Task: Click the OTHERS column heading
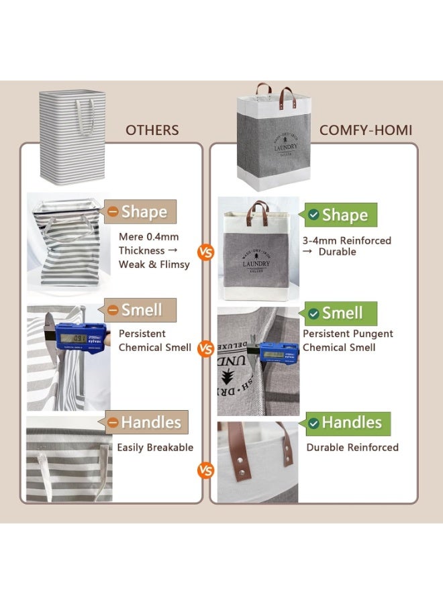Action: pyautogui.click(x=152, y=130)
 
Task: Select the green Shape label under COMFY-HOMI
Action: pyautogui.click(x=341, y=215)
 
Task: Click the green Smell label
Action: pyautogui.click(x=341, y=313)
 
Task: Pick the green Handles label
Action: pyautogui.click(x=347, y=423)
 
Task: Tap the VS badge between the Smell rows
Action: pyautogui.click(x=206, y=349)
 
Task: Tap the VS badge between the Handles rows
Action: pyautogui.click(x=205, y=470)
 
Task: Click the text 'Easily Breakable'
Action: pyautogui.click(x=155, y=448)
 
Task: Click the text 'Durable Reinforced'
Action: pyautogui.click(x=352, y=448)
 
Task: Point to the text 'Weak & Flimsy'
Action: pyautogui.click(x=154, y=264)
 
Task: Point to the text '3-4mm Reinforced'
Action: pyautogui.click(x=347, y=240)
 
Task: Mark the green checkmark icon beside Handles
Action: pyautogui.click(x=313, y=423)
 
